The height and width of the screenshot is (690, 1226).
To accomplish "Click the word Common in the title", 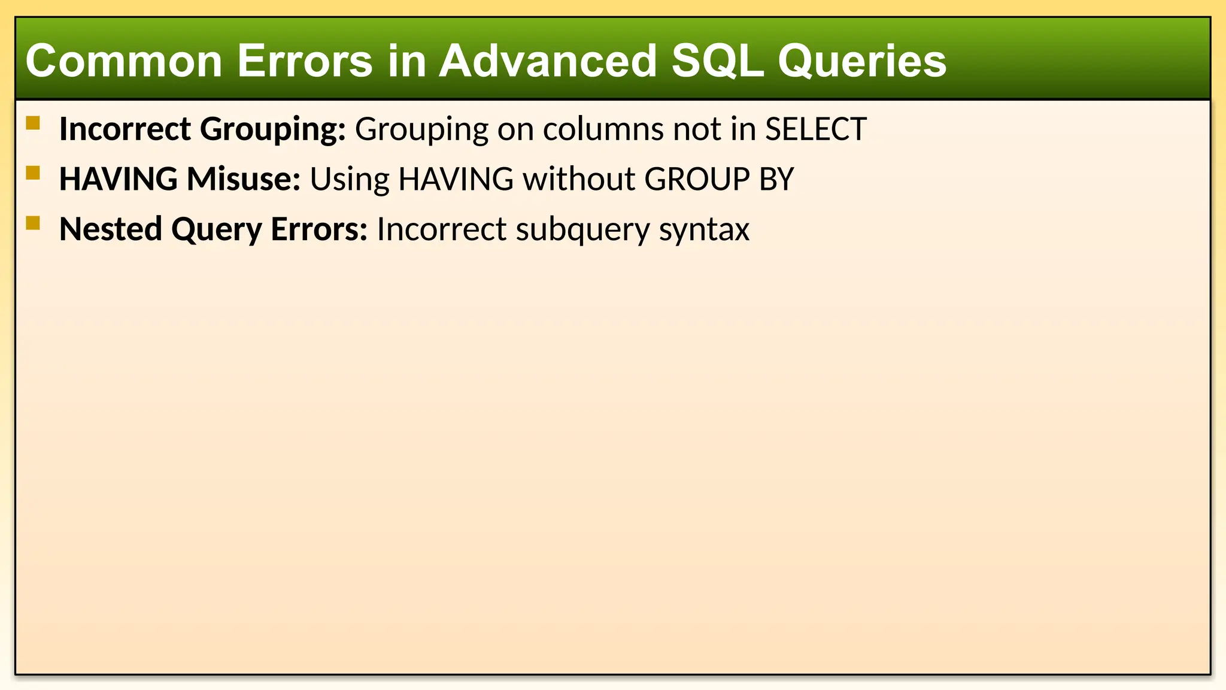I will point(124,61).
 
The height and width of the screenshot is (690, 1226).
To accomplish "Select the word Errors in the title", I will point(305,61).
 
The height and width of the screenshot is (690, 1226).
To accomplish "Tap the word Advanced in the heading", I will point(547,61).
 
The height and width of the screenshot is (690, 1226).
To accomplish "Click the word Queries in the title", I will point(861,61).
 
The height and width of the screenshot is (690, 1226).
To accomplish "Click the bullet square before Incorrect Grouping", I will point(33,123).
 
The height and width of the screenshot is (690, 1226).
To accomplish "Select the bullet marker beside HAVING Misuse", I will point(33,173).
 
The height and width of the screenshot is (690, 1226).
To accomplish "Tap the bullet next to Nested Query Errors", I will point(33,223).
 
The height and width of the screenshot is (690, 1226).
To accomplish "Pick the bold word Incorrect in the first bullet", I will point(125,129).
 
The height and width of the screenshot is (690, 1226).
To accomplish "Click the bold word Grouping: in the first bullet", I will point(272,130).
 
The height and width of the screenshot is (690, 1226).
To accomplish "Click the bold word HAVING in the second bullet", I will point(118,179).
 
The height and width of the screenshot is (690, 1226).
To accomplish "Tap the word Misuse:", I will point(243,179).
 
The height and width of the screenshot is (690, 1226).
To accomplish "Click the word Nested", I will point(111,229).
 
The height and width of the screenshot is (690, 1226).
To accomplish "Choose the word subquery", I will point(582,230).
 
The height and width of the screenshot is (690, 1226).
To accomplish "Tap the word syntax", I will point(704,230).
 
